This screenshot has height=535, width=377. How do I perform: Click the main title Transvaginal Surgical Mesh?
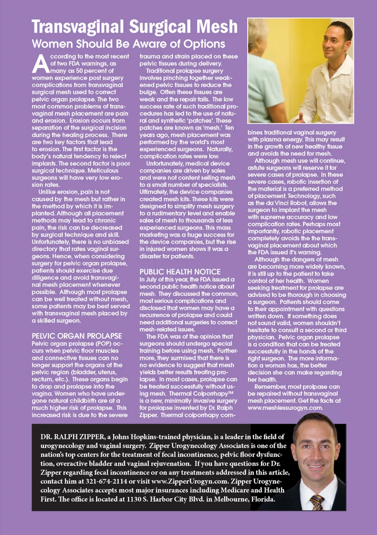click(x=134, y=27)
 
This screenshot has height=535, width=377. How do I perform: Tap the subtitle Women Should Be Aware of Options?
click(x=128, y=44)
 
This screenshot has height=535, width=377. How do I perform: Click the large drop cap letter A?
click(x=40, y=64)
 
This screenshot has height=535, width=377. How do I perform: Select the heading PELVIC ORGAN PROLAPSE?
click(x=77, y=336)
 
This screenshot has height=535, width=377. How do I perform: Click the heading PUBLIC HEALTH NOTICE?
click(x=180, y=272)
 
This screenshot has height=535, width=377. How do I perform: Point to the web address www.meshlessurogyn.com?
click(x=285, y=408)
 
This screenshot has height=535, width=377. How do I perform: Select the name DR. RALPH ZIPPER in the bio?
click(x=73, y=436)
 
